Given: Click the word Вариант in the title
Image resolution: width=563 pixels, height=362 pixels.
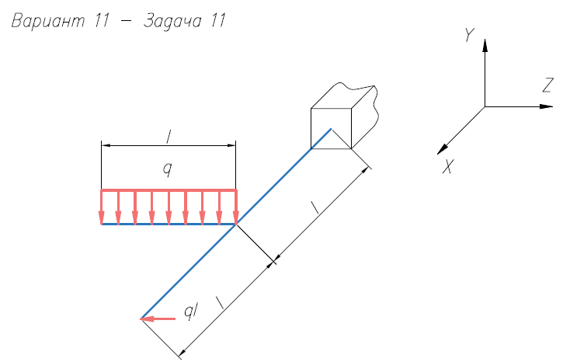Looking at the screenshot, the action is tap(48, 21).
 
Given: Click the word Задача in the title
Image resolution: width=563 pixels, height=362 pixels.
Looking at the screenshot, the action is tap(172, 21).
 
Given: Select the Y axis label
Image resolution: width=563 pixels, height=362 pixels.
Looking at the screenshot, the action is tap(469, 35).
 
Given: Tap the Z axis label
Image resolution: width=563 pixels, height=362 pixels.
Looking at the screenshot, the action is tap(547, 85).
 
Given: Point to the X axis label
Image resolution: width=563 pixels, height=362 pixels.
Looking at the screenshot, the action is tap(448, 166).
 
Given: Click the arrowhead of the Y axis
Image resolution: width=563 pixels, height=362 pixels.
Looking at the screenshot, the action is tap(485, 46).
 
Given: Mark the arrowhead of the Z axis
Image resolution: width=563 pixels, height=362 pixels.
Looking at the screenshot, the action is tap(546, 106).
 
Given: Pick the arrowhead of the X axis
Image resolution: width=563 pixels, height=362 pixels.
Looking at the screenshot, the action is tap(443, 149).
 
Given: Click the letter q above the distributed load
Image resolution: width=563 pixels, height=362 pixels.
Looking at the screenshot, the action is tap(167, 169).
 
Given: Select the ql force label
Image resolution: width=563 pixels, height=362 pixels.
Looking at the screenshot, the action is tap(191, 311).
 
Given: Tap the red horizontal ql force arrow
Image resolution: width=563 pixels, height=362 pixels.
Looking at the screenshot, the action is tap(158, 318).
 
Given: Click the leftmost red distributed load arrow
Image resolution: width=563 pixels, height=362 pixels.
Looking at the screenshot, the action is tap(102, 207).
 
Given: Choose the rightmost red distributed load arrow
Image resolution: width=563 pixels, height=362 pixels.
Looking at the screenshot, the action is tap(236, 207).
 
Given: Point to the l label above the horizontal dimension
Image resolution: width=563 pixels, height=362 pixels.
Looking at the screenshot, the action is tap(168, 137).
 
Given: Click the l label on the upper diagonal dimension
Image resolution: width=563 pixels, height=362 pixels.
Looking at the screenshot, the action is tap(315, 207).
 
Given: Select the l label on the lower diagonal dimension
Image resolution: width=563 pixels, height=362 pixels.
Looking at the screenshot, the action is tap(220, 302).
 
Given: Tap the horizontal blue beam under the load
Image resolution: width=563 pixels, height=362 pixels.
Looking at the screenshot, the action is tap(169, 224).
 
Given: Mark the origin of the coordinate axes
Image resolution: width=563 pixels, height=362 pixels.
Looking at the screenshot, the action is tap(485, 106).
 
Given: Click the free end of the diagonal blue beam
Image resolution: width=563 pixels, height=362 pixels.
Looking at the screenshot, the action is tap(141, 318).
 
